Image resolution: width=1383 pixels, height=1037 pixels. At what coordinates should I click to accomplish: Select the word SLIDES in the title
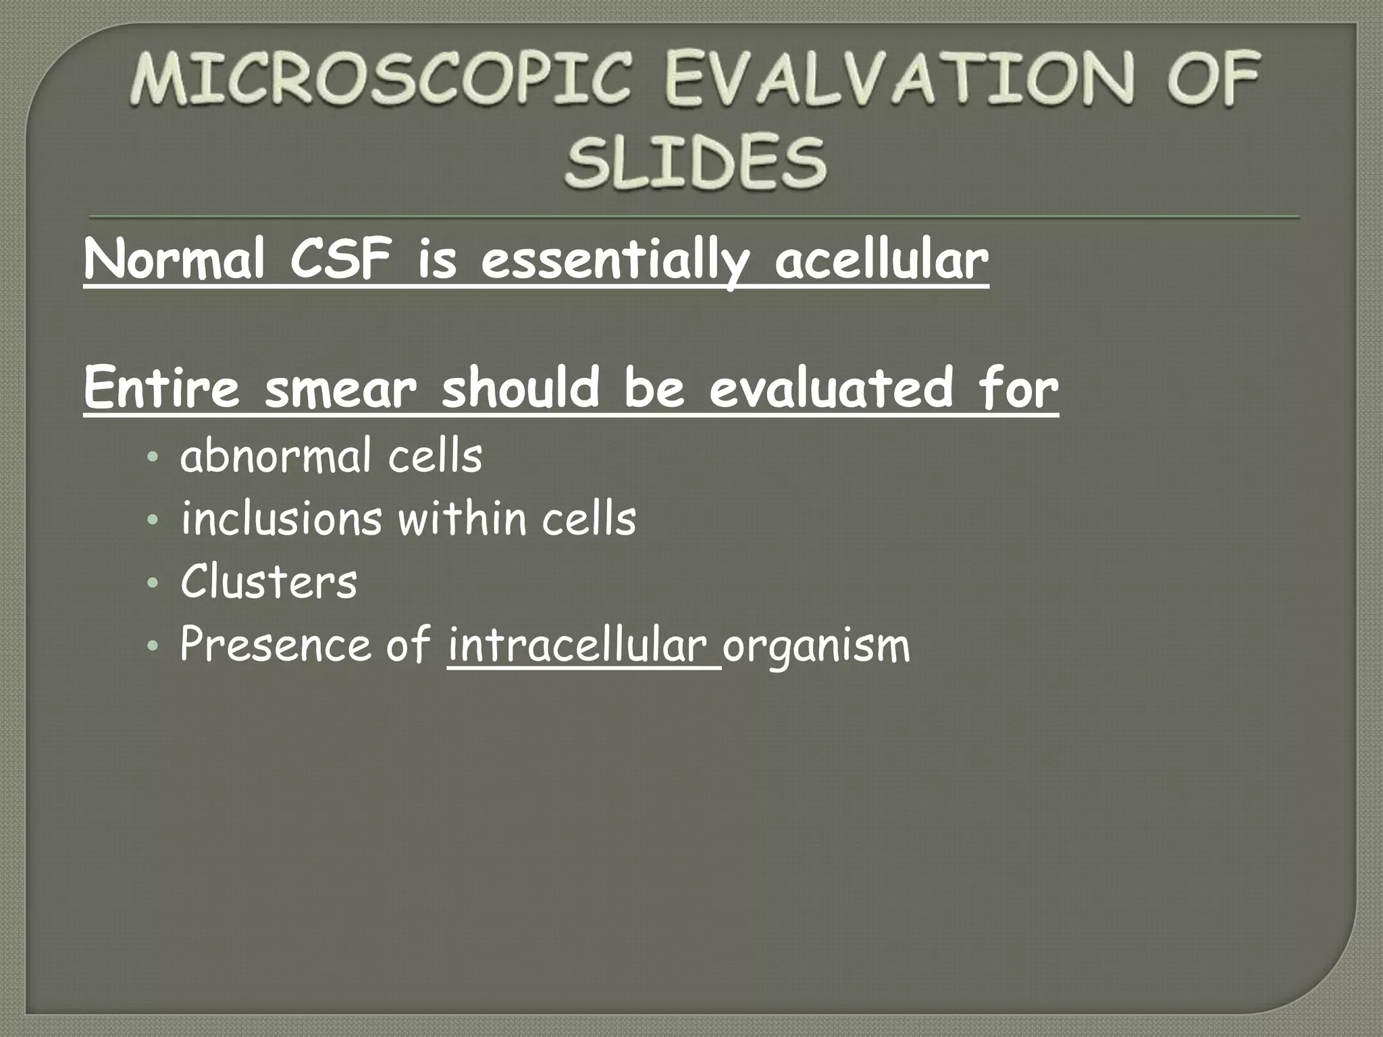(696, 162)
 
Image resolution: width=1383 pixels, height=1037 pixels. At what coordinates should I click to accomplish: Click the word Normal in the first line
(174, 261)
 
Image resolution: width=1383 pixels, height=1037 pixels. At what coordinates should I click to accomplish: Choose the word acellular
(881, 261)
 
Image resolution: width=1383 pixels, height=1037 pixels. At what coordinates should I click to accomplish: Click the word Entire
(162, 388)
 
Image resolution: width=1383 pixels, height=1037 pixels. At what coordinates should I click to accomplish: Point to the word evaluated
(830, 388)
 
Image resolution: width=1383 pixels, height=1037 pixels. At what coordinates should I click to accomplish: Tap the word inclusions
(281, 518)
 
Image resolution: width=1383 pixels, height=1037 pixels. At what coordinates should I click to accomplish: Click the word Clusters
(268, 581)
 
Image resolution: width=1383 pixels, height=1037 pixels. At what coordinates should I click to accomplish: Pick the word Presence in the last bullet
(275, 644)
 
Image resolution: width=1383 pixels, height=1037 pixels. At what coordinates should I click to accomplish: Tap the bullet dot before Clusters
(153, 582)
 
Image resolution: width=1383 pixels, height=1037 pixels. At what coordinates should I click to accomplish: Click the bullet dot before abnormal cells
(153, 457)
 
